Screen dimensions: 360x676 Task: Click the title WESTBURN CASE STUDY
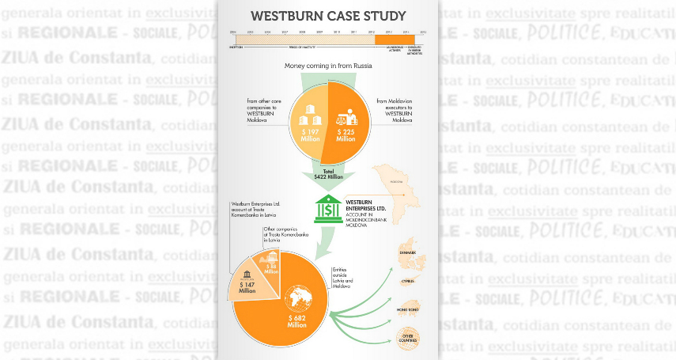click(x=328, y=16)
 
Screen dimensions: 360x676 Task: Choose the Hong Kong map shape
click(x=407, y=310)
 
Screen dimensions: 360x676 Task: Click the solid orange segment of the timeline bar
click(x=395, y=40)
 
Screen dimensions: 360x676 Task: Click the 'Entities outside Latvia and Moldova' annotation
click(x=342, y=276)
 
